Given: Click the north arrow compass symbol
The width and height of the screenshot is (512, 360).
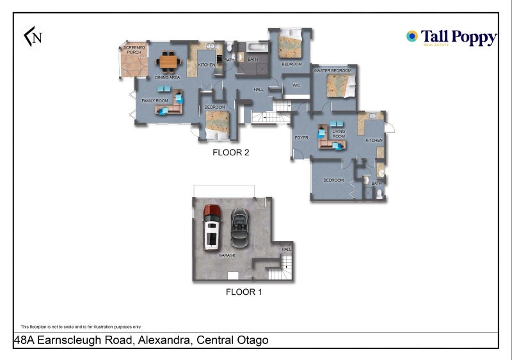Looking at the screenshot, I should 33,37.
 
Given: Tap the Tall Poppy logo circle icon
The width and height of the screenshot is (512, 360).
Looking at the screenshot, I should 412,36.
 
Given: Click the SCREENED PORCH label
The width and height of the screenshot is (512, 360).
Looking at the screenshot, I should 134,50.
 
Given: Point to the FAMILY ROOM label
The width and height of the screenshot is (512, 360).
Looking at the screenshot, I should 154,101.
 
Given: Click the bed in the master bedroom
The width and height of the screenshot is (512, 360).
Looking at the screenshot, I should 339,84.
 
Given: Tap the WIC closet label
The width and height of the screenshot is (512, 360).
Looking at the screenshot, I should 296,85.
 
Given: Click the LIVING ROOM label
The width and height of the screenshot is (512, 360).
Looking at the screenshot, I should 339,134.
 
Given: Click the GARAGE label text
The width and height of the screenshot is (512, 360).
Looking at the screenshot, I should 227,255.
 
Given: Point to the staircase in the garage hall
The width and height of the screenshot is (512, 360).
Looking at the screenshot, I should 286,267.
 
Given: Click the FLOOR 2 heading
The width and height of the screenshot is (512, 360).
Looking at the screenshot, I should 230,153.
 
